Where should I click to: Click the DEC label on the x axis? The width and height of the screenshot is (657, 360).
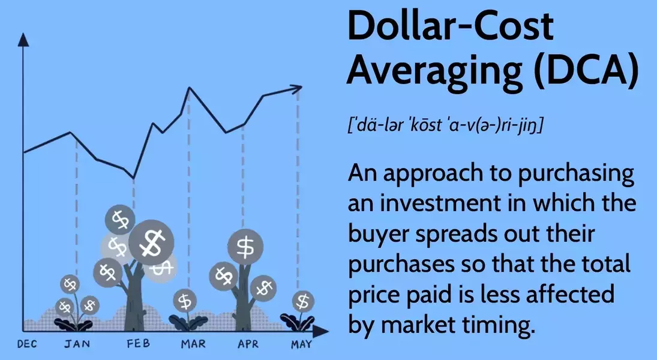pyautogui.click(x=28, y=344)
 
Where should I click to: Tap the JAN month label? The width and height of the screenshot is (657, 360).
pyautogui.click(x=76, y=344)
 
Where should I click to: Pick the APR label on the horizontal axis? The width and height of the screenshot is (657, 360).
pyautogui.click(x=248, y=344)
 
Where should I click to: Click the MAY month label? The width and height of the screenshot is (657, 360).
pyautogui.click(x=301, y=344)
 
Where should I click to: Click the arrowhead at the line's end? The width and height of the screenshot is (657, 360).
pyautogui.click(x=297, y=89)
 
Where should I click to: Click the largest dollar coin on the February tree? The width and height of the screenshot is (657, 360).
pyautogui.click(x=151, y=243)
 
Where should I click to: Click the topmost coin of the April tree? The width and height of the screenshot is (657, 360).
pyautogui.click(x=245, y=245)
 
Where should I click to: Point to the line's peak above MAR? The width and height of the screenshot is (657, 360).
pyautogui.click(x=190, y=88)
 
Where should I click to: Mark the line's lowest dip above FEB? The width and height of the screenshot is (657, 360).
pyautogui.click(x=133, y=178)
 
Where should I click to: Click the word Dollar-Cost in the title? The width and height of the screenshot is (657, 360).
pyautogui.click(x=451, y=27)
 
